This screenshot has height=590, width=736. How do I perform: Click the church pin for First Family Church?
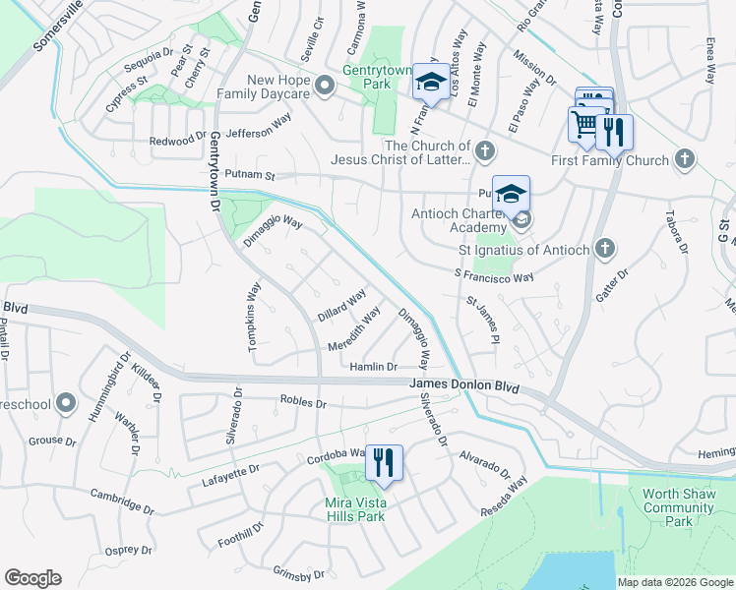686,159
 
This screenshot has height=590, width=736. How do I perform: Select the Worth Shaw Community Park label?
679,507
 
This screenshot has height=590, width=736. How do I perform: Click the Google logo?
32,578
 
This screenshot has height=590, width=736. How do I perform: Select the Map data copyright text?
675,582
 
